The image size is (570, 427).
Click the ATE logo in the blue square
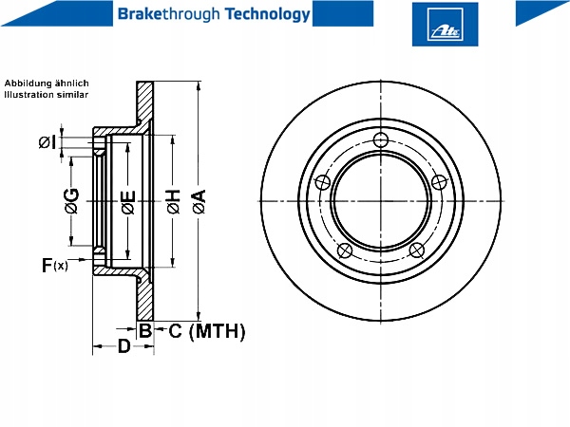(x=445, y=25)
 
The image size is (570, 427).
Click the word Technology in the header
(x=268, y=14)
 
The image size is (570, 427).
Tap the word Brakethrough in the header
(x=169, y=14)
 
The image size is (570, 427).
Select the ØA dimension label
(x=199, y=201)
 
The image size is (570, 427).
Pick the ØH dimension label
(x=174, y=201)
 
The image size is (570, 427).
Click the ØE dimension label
(x=128, y=202)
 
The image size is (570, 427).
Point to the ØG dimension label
(x=71, y=201)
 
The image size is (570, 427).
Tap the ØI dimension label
(x=47, y=142)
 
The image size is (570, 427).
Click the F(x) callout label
(x=54, y=265)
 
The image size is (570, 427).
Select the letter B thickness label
(x=145, y=330)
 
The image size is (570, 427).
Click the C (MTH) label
(x=207, y=331)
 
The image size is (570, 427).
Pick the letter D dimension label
(x=123, y=346)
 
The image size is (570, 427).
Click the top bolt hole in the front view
(x=381, y=140)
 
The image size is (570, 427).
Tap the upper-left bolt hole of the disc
(x=322, y=182)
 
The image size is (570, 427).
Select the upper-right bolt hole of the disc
(x=439, y=182)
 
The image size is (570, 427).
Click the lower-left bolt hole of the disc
(x=345, y=251)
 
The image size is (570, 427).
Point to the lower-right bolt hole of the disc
(x=417, y=251)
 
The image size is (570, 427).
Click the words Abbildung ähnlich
(x=47, y=84)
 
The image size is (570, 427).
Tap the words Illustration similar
(x=47, y=95)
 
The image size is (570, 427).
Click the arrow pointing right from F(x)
(x=78, y=259)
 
